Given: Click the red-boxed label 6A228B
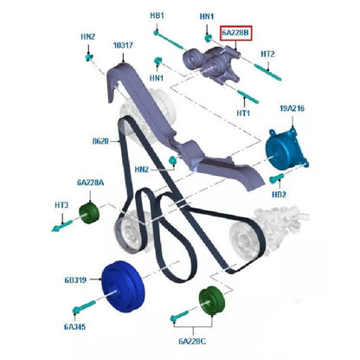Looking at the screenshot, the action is (236, 33).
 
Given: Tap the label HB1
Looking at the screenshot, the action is (157, 16).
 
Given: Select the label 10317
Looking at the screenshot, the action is (123, 45).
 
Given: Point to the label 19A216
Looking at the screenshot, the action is (292, 108).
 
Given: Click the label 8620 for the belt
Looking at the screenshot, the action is (100, 141).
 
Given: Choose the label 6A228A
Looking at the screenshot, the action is (90, 183).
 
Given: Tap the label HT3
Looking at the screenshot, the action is (61, 205).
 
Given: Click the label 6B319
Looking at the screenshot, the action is (75, 280).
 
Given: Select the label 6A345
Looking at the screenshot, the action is (74, 327).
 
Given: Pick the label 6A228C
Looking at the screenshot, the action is (192, 342).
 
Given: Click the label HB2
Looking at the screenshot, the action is (279, 195).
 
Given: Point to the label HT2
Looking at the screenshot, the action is (267, 54).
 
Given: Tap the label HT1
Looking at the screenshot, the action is (243, 112).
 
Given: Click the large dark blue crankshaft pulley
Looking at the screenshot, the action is (124, 286).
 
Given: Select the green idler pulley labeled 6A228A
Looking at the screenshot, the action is (89, 213).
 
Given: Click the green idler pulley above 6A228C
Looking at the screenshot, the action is (212, 301).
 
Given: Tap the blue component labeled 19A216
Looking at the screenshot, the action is (286, 150).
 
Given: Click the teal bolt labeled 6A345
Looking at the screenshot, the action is (84, 306).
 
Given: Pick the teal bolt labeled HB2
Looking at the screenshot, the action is (277, 177).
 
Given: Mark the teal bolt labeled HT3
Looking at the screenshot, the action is (62, 226).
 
